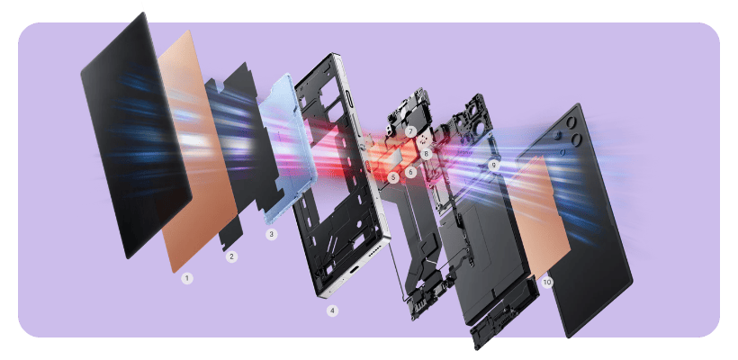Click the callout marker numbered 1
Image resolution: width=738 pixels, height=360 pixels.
point(187,279)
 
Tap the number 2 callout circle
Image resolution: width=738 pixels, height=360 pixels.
point(231,256)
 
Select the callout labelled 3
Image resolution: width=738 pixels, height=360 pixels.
point(271,234)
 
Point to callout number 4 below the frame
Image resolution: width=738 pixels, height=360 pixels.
point(333,310)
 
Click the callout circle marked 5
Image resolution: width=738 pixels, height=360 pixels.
point(393,178)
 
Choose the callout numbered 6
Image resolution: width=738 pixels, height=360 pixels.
point(410,172)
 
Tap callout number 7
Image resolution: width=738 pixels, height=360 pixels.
point(409,131)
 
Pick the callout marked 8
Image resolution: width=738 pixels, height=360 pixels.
point(427,153)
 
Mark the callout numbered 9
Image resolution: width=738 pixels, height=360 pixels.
point(493,165)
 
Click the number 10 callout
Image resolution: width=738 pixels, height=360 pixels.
point(547,282)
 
